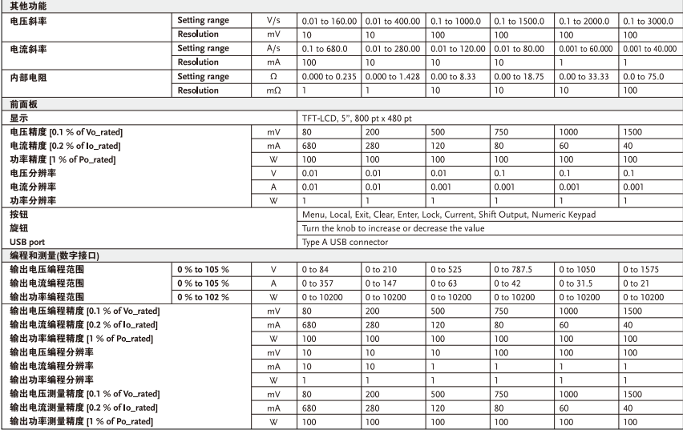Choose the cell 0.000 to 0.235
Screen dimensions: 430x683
coord(329,77)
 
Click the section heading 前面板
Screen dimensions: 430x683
coord(19,105)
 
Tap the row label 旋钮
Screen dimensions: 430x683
coord(16,228)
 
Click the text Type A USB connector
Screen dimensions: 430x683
coord(345,242)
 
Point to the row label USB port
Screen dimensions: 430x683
coord(26,242)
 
